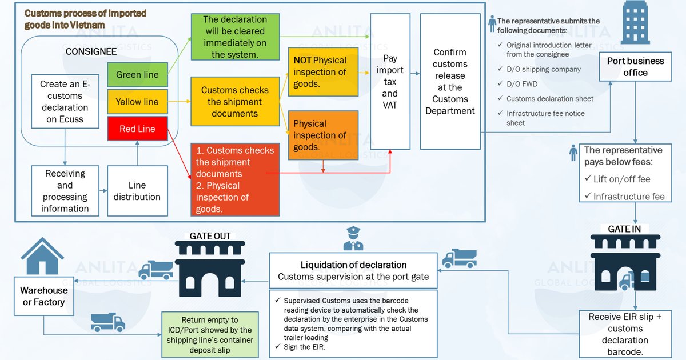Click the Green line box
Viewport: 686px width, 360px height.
[137, 75]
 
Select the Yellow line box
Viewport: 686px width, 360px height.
[137, 102]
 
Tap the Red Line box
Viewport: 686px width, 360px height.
[137, 129]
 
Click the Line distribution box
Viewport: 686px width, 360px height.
[137, 191]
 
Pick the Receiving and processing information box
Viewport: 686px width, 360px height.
[65, 191]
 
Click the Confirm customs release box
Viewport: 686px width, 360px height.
[450, 81]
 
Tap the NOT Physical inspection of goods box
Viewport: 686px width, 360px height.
[323, 72]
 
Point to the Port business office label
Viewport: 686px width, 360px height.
[635, 67]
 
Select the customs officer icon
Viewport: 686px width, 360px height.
[353, 238]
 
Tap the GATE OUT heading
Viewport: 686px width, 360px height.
[210, 235]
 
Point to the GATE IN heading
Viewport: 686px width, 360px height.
[624, 229]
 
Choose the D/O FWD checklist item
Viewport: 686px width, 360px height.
[521, 84]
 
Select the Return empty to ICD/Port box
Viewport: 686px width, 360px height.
[210, 335]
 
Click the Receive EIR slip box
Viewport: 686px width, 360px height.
[625, 334]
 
